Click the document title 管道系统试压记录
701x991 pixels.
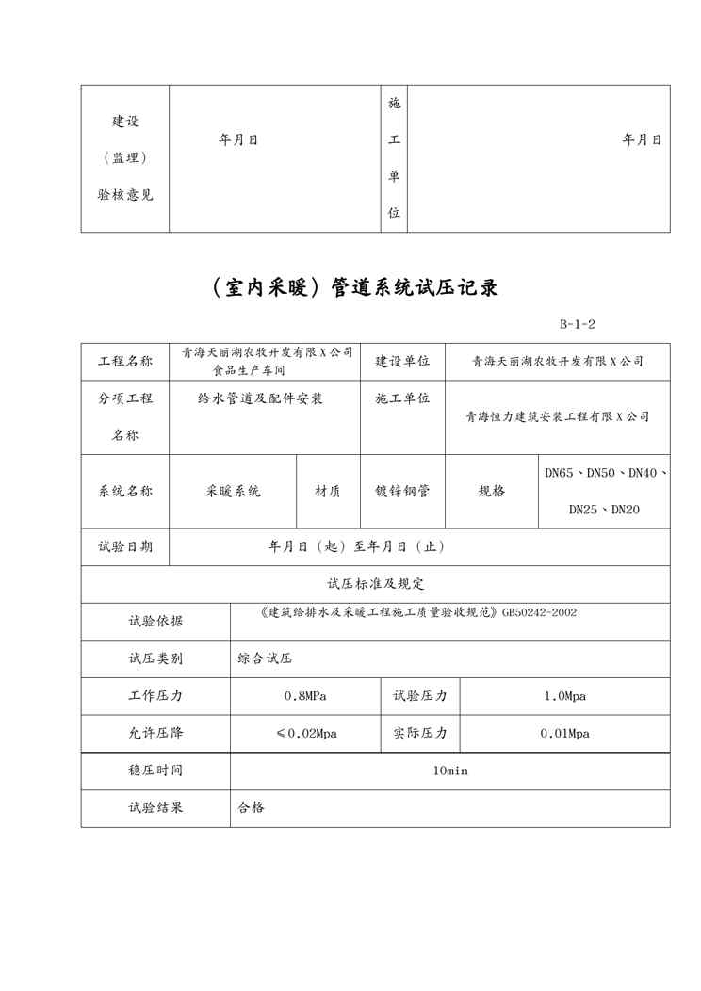350,288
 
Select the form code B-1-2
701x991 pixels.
577,325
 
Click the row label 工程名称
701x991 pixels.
125,361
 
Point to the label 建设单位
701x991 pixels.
402,361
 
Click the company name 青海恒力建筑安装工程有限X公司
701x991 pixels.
558,416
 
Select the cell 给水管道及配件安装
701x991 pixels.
261,398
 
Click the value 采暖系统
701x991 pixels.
234,491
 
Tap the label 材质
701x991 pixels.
328,491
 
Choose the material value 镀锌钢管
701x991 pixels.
402,491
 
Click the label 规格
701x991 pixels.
492,491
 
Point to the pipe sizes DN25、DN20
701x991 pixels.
604,511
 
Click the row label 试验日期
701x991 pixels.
125,546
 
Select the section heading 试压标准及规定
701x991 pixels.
375,584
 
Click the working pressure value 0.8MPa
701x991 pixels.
305,696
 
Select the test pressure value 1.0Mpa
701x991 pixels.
565,696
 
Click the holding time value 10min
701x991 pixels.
450,771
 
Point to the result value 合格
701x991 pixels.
252,807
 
